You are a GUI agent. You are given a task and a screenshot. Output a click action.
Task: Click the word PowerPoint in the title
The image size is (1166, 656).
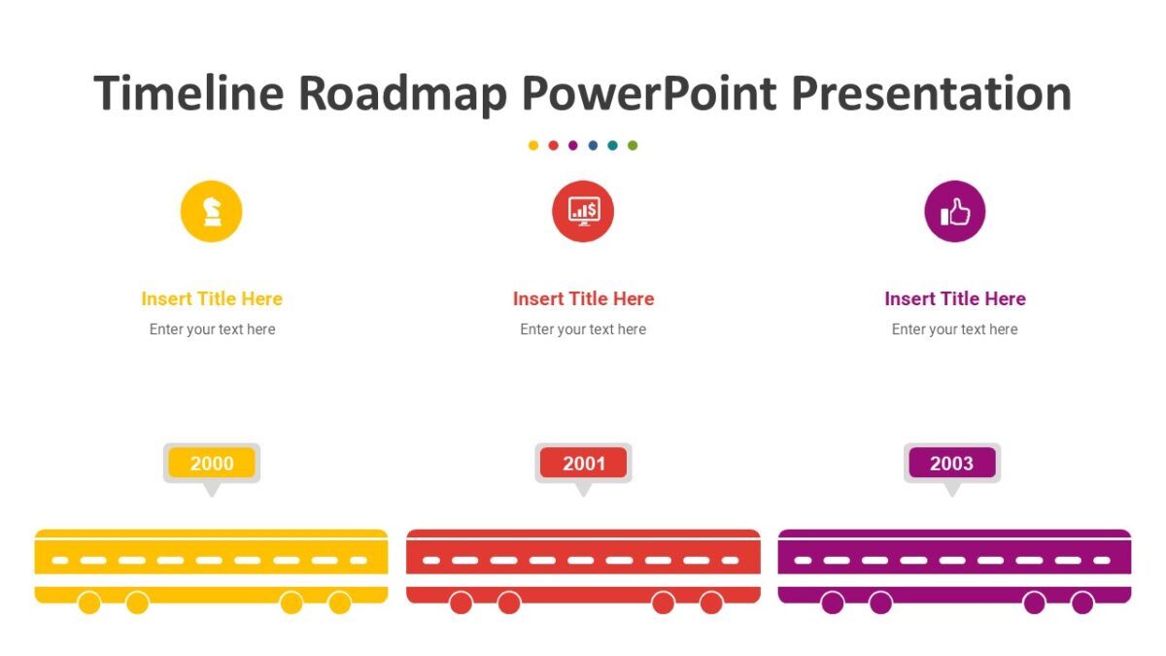[649, 94]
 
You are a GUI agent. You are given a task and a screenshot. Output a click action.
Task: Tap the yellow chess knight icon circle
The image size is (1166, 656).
[211, 211]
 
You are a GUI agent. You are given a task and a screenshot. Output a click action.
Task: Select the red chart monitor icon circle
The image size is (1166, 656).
[583, 211]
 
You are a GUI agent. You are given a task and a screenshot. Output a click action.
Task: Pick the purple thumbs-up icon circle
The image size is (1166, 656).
[954, 211]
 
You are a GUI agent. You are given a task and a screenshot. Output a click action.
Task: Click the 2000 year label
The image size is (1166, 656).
[212, 464]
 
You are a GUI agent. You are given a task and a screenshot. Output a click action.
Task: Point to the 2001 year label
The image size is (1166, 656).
[583, 464]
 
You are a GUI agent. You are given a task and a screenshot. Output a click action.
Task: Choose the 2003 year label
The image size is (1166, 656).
[951, 464]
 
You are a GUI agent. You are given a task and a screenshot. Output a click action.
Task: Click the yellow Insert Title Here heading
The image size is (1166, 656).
[212, 298]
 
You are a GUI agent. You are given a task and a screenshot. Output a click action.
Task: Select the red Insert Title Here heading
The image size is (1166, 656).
[583, 298]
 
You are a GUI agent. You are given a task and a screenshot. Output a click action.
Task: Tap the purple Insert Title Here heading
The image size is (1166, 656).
[954, 298]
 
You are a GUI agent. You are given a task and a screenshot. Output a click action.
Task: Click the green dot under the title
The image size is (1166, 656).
[633, 146]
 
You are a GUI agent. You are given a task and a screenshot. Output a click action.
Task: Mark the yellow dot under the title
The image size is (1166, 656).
[533, 146]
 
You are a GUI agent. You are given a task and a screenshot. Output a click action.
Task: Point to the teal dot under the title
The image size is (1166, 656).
[612, 146]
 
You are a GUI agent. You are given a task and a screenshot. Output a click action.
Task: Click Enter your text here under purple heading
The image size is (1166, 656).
[954, 329]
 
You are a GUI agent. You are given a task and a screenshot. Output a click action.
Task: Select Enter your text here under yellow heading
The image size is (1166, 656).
[212, 329]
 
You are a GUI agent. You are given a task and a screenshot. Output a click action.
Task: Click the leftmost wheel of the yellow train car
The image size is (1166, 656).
[89, 604]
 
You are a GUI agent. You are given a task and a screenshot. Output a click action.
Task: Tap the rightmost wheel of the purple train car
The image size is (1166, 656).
[1082, 604]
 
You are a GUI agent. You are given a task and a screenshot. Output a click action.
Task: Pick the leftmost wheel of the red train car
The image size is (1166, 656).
[461, 604]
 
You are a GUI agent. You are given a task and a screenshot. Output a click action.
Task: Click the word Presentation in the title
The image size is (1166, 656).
[931, 94]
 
